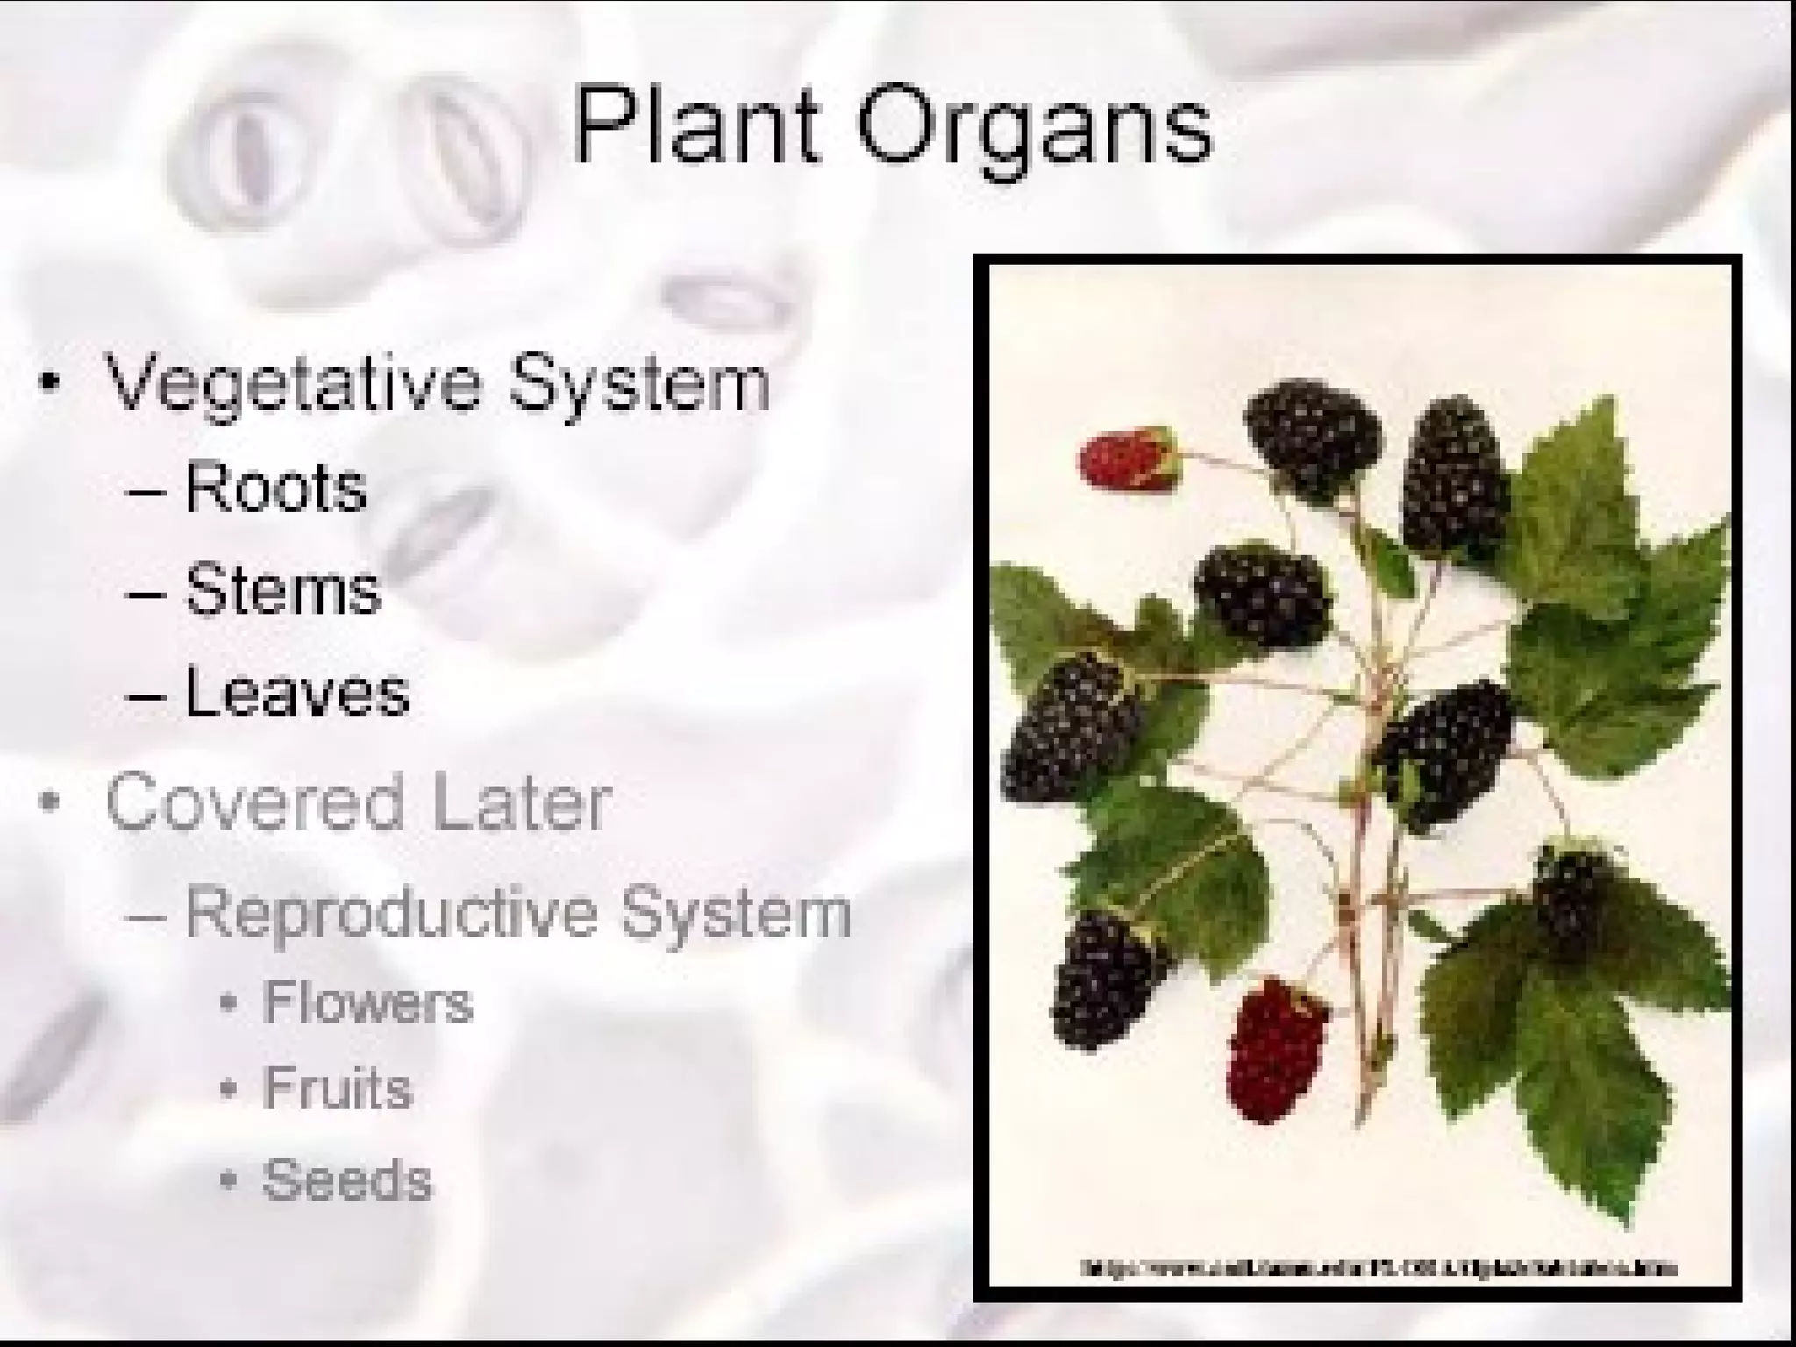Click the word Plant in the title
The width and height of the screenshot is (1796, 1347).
tap(697, 127)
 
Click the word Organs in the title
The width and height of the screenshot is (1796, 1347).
tap(1035, 132)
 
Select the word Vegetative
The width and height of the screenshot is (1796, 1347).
tap(294, 386)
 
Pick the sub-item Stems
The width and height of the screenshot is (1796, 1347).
tap(282, 589)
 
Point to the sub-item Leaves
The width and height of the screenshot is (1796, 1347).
tap(296, 693)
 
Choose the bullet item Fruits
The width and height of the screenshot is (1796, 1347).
tap(337, 1089)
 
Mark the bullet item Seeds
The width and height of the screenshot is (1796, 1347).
tap(346, 1180)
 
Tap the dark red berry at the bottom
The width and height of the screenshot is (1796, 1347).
tap(1276, 1048)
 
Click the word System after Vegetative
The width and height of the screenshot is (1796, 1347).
tap(640, 386)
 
